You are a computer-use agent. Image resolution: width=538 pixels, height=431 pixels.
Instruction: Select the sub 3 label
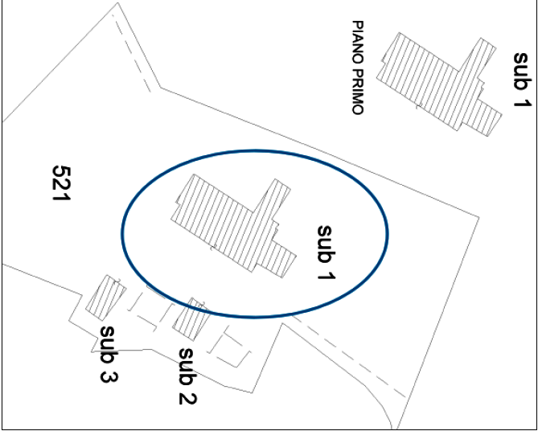pos(110,353)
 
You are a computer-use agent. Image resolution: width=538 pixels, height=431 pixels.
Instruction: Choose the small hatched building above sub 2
pos(191,319)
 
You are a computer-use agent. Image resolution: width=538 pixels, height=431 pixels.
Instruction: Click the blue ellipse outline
pos(122,233)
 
